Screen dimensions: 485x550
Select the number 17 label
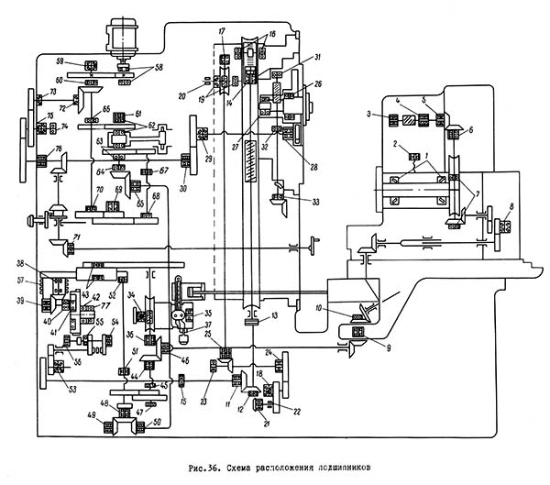(x=223, y=33)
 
